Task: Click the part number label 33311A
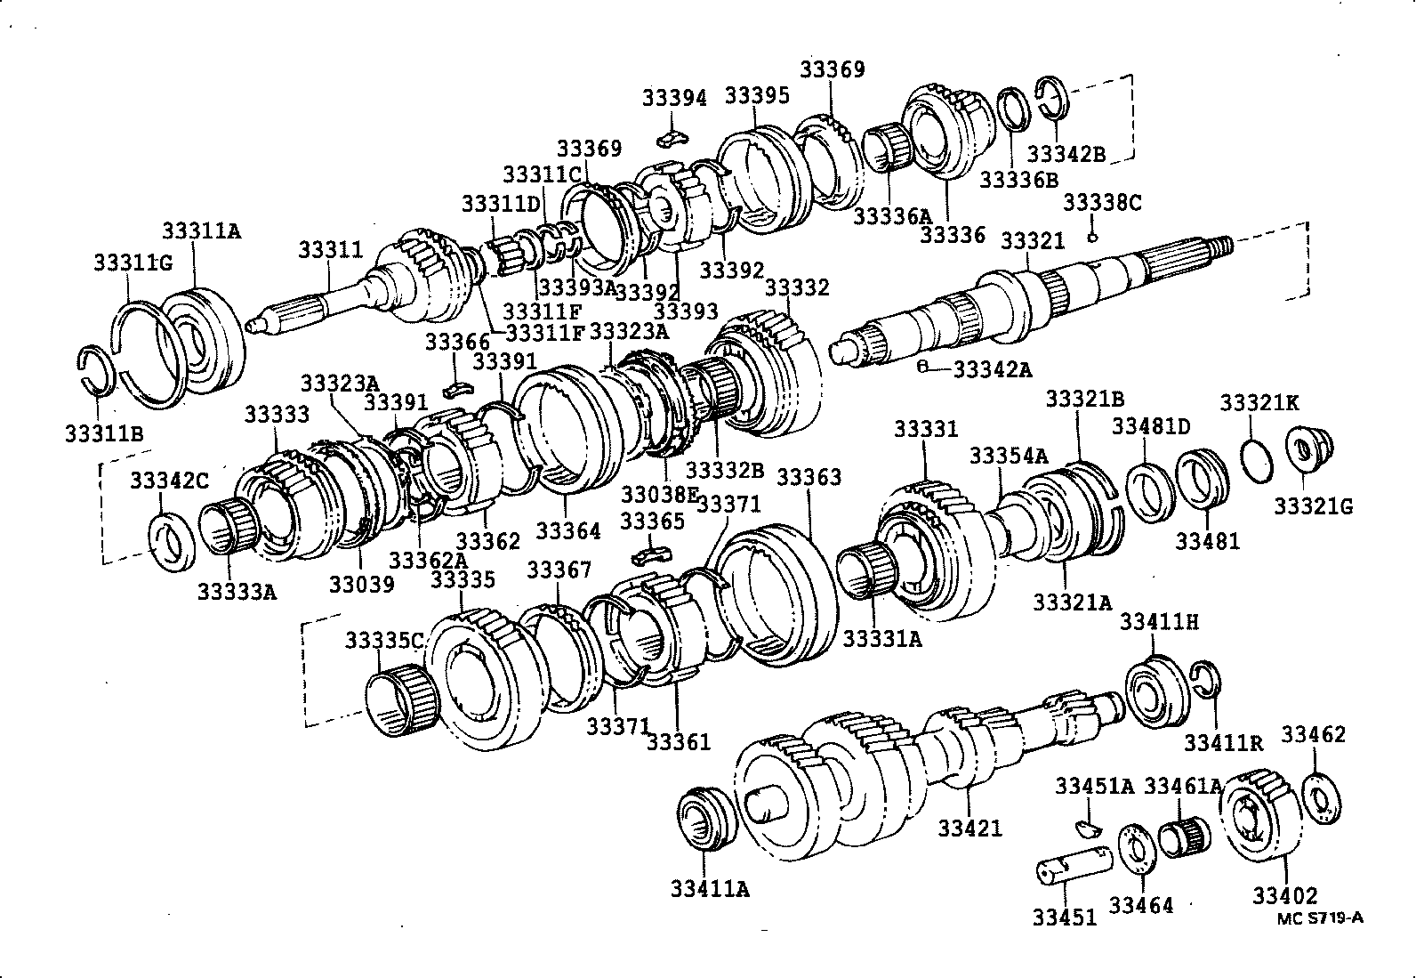[x=201, y=230]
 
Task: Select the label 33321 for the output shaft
[x=1032, y=241]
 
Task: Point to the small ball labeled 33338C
[x=1093, y=237]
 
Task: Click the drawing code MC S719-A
[x=1319, y=918]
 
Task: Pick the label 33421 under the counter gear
[x=969, y=828]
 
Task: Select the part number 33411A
[x=710, y=887]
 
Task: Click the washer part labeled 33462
[x=1322, y=800]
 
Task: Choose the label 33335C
[x=384, y=641]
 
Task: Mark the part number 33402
[x=1285, y=895]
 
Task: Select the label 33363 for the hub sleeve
[x=809, y=478]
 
